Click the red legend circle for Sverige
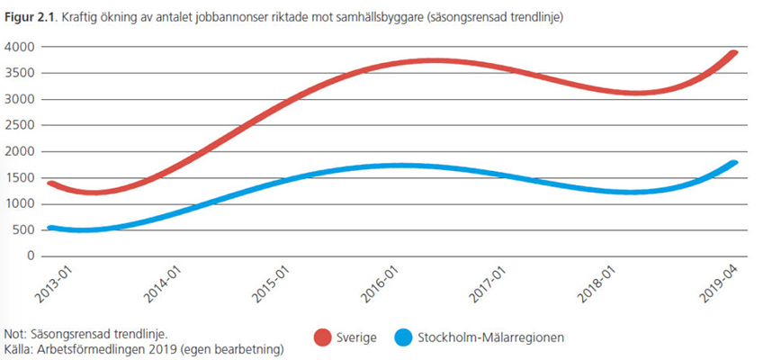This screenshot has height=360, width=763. click(322, 337)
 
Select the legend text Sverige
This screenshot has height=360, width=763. click(358, 338)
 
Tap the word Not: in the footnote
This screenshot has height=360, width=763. click(15, 332)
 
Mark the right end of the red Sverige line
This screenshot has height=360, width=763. click(734, 52)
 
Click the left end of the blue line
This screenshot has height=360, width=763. click(50, 228)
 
